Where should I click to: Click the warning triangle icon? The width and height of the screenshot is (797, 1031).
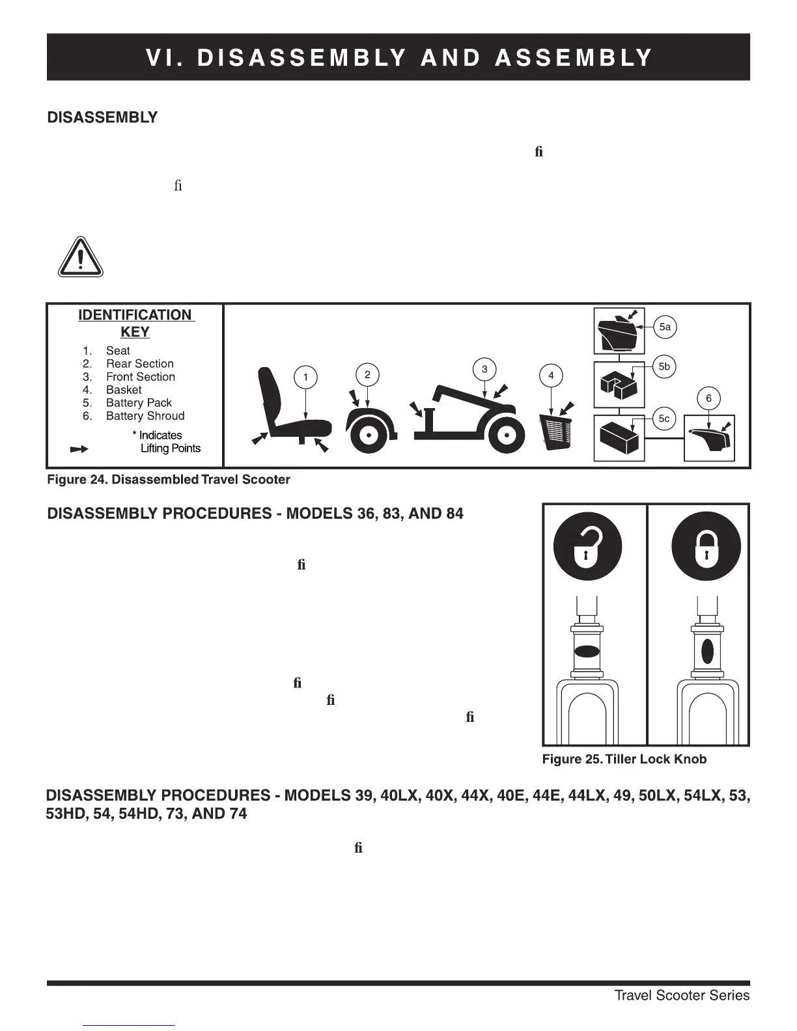coord(80,257)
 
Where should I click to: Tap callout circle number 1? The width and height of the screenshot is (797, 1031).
coord(305,377)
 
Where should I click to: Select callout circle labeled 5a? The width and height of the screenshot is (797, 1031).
coord(665,327)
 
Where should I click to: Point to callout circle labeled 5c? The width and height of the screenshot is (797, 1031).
coord(664,419)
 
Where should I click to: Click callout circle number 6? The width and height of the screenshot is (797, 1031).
coord(708,398)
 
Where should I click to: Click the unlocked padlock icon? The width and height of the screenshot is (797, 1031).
coord(587,546)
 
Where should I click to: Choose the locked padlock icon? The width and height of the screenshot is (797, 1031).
coord(705,546)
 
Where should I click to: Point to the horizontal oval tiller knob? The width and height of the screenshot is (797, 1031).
coord(587,652)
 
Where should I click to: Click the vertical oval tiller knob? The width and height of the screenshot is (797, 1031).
coord(707,652)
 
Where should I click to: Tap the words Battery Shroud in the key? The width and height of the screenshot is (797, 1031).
coord(145,416)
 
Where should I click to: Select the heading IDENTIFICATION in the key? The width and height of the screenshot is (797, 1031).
coord(135,316)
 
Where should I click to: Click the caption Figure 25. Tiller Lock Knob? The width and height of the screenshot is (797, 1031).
coord(624,759)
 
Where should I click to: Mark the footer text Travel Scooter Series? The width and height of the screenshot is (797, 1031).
coord(682,995)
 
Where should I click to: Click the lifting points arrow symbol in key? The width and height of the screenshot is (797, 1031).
coord(79,449)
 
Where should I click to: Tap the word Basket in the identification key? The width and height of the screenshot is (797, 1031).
coord(124,390)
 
